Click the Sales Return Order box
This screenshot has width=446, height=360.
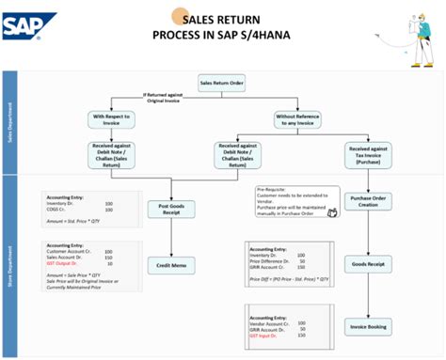223,83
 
